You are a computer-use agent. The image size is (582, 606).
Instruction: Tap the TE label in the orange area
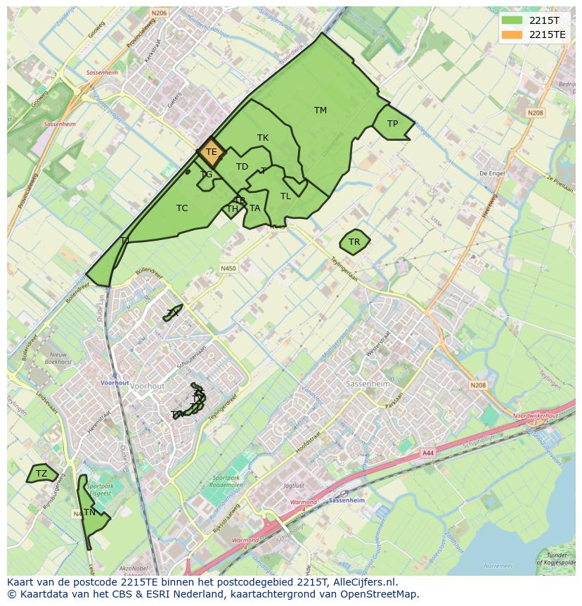pos(211,151)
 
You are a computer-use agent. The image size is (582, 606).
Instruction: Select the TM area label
pos(321,111)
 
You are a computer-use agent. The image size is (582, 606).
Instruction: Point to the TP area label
pos(392,124)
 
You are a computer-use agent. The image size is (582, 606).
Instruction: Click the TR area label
pos(354,242)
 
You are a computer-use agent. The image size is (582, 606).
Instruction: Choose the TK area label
pos(263,138)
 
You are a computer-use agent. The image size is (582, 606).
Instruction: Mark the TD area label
pos(242,167)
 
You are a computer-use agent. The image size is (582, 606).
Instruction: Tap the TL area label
pos(285,196)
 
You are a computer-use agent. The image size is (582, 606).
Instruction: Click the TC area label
pos(182,208)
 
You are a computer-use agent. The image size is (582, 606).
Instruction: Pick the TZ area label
pos(41,474)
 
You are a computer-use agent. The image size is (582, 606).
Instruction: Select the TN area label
pos(89,512)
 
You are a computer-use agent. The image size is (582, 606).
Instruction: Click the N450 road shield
pos(228,268)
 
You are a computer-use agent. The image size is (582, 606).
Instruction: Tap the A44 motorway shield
pos(428,454)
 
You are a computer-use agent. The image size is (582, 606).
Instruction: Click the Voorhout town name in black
pos(148,386)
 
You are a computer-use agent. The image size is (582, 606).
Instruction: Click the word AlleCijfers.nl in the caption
pos(362,582)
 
